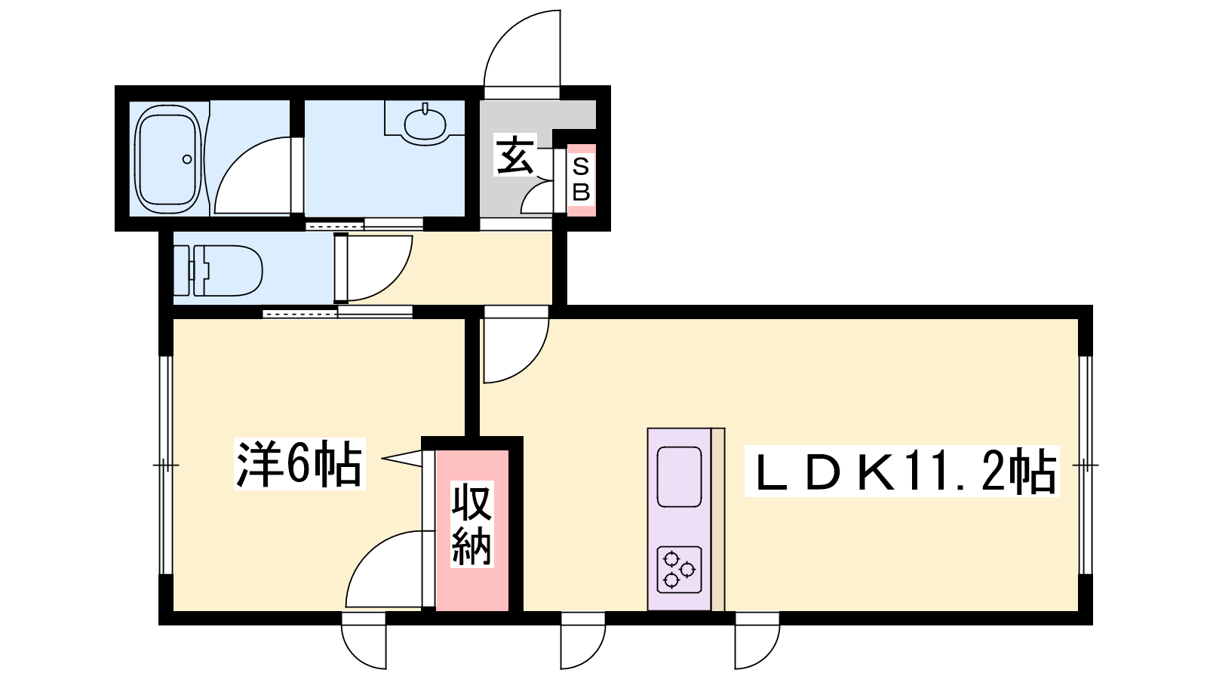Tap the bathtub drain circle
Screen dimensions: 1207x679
pos(187,159)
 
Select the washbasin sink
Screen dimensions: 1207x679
pos(425,125)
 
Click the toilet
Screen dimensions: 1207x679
pos(218,271)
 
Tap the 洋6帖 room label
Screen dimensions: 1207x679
pos(299,464)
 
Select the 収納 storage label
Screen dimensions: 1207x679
pos(472,524)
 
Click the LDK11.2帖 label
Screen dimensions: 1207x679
pos(901,471)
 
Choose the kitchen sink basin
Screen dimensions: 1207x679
pos(678,477)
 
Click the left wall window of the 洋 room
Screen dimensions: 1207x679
pos(166,465)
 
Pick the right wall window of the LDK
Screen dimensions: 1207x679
pos(1086,465)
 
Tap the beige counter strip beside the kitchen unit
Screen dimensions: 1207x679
pos(717,519)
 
